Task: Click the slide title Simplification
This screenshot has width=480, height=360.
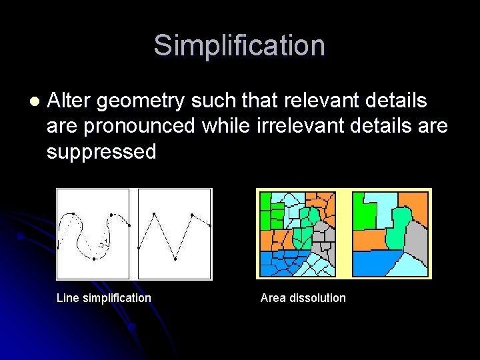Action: point(239,46)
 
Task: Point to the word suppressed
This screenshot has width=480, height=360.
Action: point(101,151)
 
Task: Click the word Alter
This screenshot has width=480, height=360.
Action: point(69,101)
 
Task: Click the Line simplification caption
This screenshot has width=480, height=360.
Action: point(104,298)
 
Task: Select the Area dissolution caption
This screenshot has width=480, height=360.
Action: point(303,298)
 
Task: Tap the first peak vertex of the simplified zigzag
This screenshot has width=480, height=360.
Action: point(154,214)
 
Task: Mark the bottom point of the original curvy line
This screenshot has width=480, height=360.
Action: point(95,258)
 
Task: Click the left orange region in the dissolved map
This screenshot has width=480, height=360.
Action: point(367,240)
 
